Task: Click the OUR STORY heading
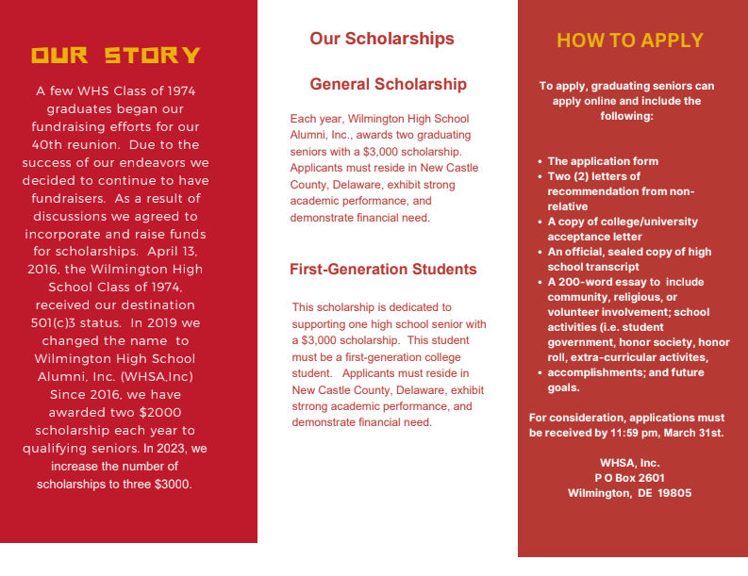tap(116, 55)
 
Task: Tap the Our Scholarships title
tap(382, 39)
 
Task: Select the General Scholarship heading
tap(388, 84)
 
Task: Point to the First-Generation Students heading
tap(383, 270)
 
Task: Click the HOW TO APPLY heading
tap(630, 41)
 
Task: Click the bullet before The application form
tap(539, 162)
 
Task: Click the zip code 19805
tap(674, 493)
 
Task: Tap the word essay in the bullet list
tap(643, 282)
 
